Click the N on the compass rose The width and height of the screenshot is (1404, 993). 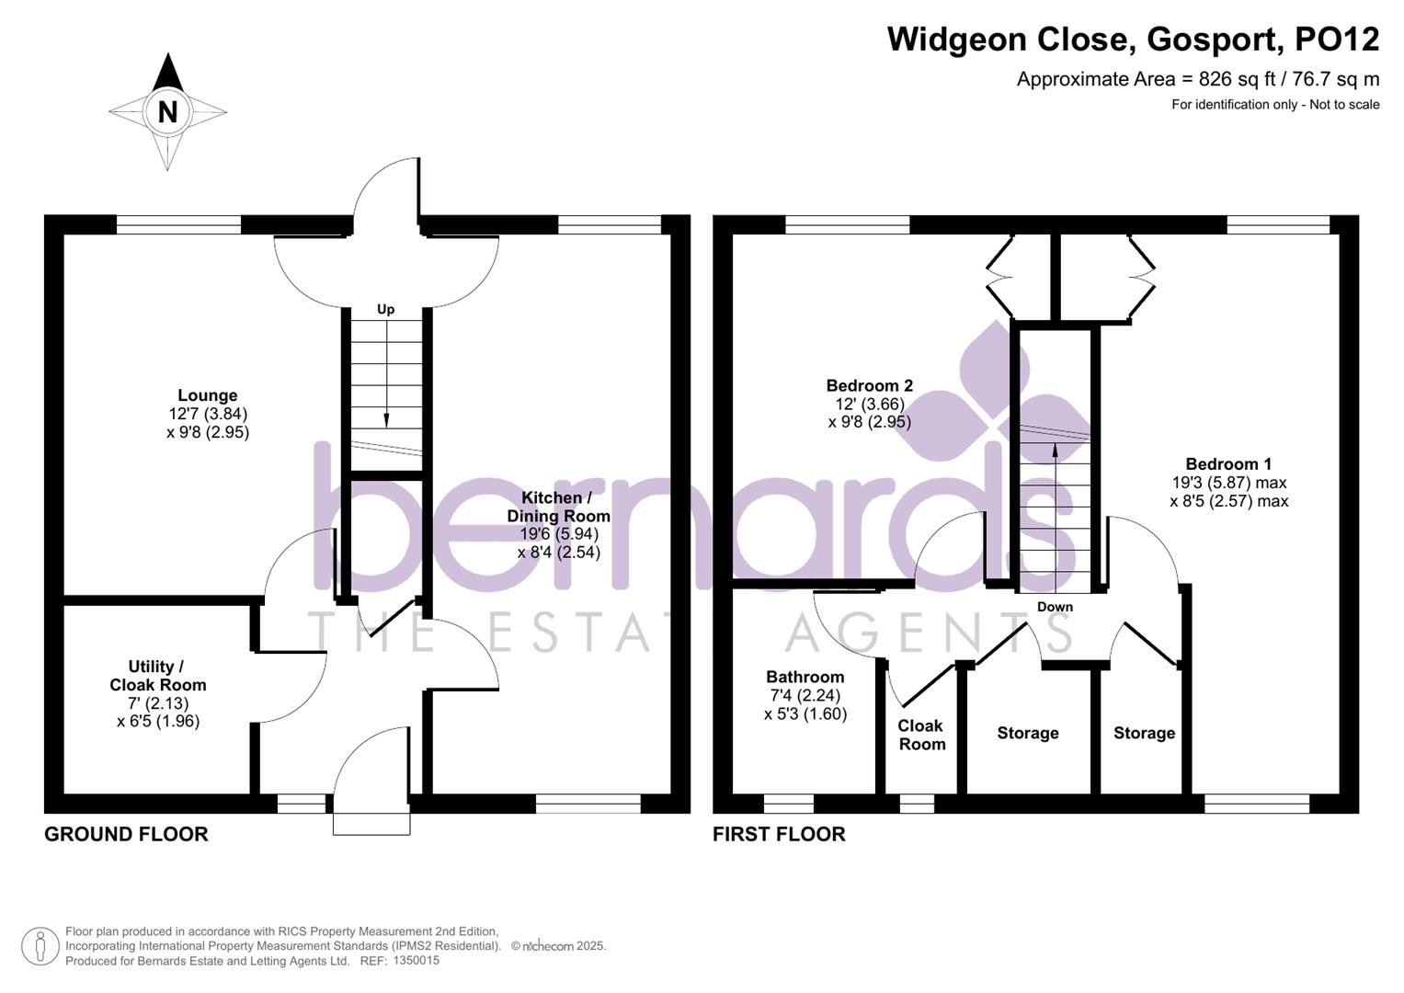[x=167, y=112]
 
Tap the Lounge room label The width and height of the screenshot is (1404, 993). [x=208, y=395]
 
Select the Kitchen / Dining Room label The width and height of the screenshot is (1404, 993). [x=558, y=507]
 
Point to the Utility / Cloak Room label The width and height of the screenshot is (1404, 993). [x=158, y=676]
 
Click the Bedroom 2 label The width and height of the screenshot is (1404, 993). [x=869, y=385]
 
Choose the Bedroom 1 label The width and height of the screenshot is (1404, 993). [x=1228, y=464]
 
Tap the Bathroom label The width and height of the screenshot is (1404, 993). [x=805, y=677]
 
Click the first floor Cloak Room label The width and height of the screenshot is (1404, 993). [x=921, y=735]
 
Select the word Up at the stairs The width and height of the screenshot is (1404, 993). [x=386, y=309]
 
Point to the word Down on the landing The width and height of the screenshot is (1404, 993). [x=1055, y=607]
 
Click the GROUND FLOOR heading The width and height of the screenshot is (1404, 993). [x=127, y=834]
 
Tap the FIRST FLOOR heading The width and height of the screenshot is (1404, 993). [x=779, y=834]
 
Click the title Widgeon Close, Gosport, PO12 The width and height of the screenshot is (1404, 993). [x=1133, y=40]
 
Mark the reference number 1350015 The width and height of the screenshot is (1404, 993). [x=416, y=960]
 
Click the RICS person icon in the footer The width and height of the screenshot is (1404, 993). [x=40, y=946]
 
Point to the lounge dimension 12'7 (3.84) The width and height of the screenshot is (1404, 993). [x=208, y=414]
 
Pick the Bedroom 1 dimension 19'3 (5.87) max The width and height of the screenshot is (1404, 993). [x=1228, y=483]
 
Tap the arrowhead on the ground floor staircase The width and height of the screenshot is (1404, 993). [x=386, y=419]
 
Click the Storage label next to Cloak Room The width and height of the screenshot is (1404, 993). [x=1028, y=733]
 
